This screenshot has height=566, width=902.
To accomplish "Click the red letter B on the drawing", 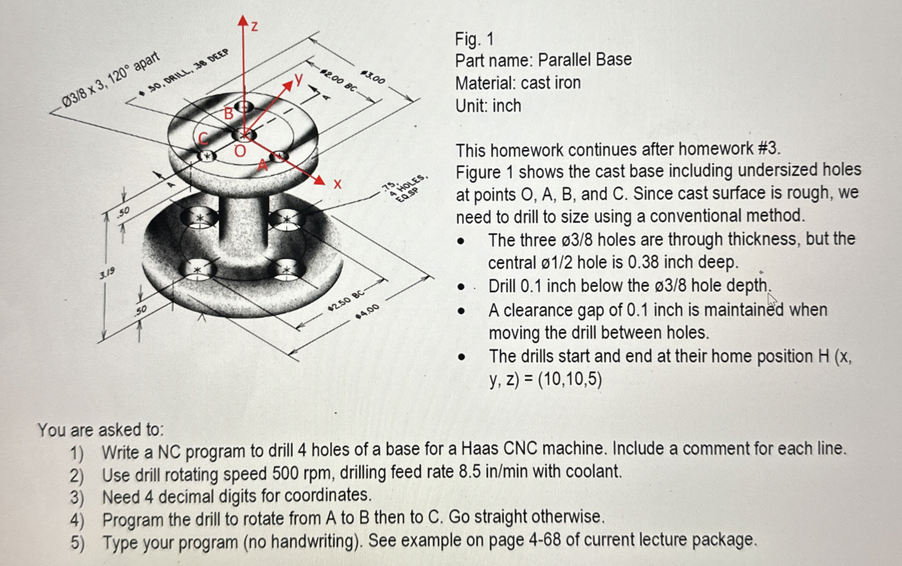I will click(229, 113).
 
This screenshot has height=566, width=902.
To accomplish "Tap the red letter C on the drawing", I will click(203, 139).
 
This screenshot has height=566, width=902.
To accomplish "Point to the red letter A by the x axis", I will click(262, 165).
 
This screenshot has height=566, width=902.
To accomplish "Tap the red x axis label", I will click(338, 184).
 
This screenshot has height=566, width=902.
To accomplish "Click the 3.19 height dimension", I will click(107, 274).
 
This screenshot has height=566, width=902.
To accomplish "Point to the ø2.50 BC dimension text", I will click(346, 301).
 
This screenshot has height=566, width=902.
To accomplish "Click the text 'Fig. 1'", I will click(474, 39).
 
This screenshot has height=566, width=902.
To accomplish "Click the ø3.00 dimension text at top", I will click(373, 78).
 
